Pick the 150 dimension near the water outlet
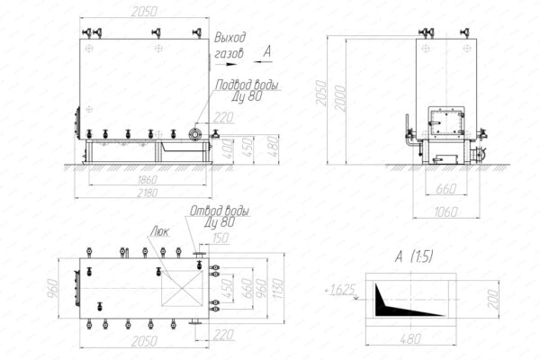(221, 237)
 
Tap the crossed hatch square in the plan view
(175, 292)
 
